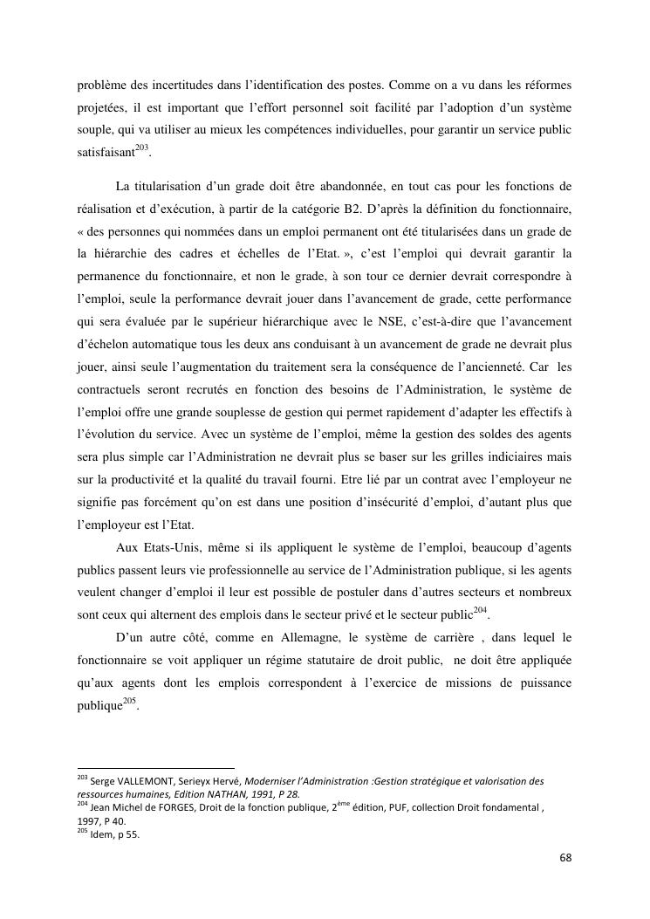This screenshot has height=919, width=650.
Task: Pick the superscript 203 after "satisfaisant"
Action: point(143,147)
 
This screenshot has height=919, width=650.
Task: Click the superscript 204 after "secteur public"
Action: point(480,609)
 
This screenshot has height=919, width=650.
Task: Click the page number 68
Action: point(565,857)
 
